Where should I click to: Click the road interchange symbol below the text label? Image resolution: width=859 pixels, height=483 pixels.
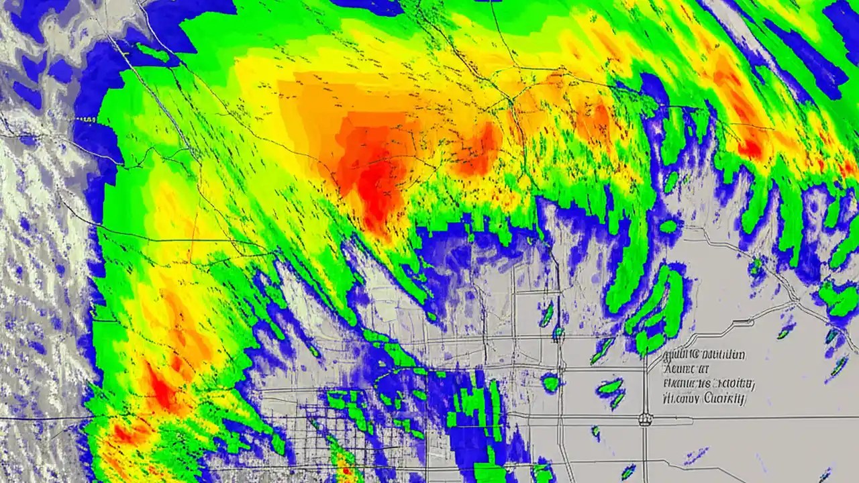[x=646, y=419]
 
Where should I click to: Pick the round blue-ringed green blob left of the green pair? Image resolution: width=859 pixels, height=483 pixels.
[x=551, y=383]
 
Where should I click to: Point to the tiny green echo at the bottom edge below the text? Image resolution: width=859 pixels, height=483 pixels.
[x=628, y=472]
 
